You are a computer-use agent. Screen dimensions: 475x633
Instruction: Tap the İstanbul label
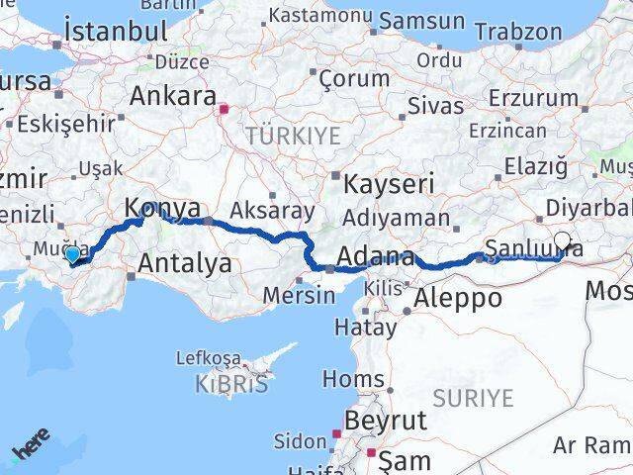tap(115, 31)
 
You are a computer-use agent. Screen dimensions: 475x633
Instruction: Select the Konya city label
tap(162, 210)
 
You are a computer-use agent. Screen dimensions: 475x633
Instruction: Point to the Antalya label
tap(185, 263)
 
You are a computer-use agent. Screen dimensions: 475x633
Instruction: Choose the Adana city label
tap(375, 258)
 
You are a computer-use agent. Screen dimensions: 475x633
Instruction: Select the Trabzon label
tap(517, 31)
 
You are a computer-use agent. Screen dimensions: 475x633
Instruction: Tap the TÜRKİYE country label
tap(293, 135)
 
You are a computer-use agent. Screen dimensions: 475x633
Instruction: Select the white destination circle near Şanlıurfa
tap(563, 239)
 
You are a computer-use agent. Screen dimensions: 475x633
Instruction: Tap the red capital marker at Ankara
tap(225, 109)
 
